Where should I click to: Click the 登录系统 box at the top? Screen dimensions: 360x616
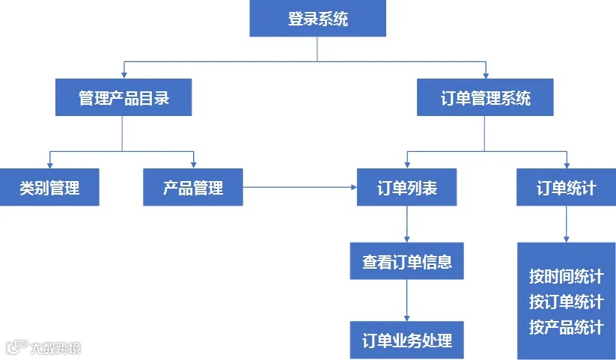pyautogui.click(x=317, y=19)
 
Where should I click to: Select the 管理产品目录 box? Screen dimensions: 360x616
pyautogui.click(x=123, y=98)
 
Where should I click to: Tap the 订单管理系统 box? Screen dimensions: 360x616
pyautogui.click(x=485, y=98)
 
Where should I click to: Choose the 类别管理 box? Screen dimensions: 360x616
pyautogui.click(x=49, y=187)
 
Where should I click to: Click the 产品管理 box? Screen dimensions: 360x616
pyautogui.click(x=193, y=187)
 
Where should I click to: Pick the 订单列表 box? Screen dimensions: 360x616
pyautogui.click(x=406, y=187)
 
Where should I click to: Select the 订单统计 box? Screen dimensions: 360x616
pyautogui.click(x=566, y=187)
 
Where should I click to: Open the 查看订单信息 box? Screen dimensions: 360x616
pyautogui.click(x=406, y=261)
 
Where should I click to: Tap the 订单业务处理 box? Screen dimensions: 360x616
pyautogui.click(x=406, y=340)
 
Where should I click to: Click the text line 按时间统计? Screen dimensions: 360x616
pyautogui.click(x=566, y=277)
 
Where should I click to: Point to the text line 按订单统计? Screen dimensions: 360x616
pyautogui.click(x=566, y=302)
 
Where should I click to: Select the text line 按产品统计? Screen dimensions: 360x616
pyautogui.click(x=566, y=327)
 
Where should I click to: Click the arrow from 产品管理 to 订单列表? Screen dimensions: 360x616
pyautogui.click(x=300, y=187)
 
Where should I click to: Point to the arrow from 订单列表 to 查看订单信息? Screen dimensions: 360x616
pyautogui.click(x=406, y=224)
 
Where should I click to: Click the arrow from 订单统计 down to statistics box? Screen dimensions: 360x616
pyautogui.click(x=566, y=224)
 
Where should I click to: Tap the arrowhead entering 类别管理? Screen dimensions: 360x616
pyautogui.click(x=49, y=164)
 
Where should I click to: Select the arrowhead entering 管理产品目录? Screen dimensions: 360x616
pyautogui.click(x=123, y=75)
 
